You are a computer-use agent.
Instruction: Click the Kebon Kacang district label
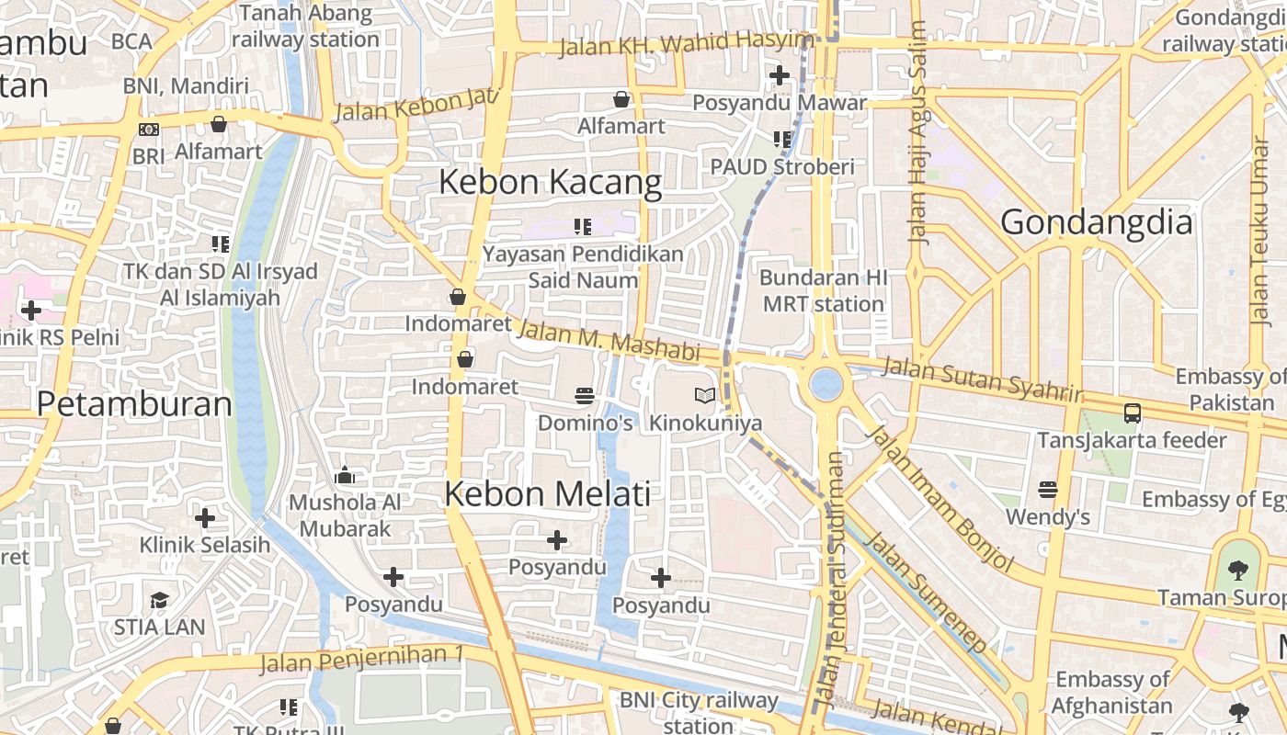(x=550, y=182)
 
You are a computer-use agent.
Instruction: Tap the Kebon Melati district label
(x=547, y=493)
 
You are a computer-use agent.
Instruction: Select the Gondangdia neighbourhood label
(x=1096, y=222)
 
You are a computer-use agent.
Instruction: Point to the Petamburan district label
(x=134, y=404)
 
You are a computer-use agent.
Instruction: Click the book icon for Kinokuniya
(x=705, y=396)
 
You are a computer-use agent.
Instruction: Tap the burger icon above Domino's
(x=585, y=396)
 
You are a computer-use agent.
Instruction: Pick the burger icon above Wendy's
(x=1048, y=490)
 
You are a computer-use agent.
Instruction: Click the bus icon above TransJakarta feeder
(x=1133, y=413)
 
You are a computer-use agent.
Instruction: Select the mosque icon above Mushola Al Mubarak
(x=345, y=475)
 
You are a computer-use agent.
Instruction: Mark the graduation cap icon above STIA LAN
(x=160, y=601)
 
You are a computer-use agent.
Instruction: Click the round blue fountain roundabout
(x=826, y=383)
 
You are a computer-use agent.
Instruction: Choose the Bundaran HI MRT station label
(x=823, y=290)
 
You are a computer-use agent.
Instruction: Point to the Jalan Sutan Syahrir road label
(x=983, y=379)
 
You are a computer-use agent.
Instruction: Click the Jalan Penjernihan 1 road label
(x=360, y=659)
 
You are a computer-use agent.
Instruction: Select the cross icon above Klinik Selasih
(x=205, y=518)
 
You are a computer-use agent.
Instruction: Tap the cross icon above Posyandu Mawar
(x=780, y=75)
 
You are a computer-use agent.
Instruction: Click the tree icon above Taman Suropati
(x=1238, y=571)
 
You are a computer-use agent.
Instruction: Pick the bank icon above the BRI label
(x=148, y=130)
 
